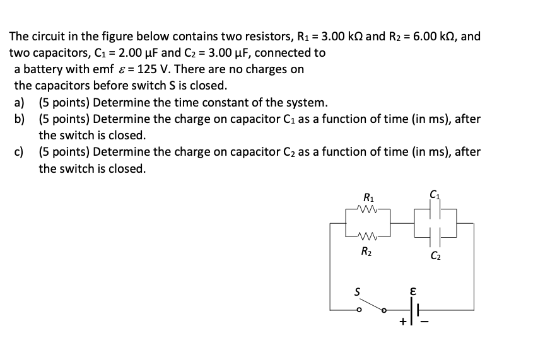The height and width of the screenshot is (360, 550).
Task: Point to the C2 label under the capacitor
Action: pos(435,256)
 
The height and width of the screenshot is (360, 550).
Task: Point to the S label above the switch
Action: pos(357,291)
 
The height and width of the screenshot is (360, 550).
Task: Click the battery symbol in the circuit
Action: pos(415,308)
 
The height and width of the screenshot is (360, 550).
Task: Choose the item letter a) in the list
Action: pos(20,102)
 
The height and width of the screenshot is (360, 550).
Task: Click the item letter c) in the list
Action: pos(20,152)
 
